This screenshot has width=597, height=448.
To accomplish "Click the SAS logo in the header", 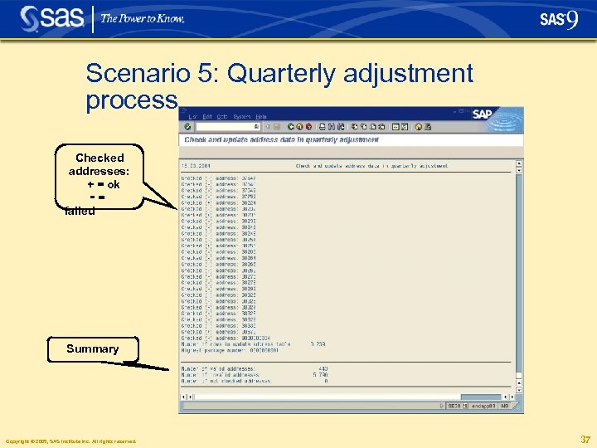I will point(51,18).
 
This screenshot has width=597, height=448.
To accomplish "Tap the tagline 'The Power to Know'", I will point(142,18).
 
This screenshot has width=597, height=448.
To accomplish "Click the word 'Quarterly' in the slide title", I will point(294,74).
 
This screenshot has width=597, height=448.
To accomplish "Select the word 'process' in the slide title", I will point(131,101).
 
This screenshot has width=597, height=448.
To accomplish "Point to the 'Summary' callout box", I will point(92,349).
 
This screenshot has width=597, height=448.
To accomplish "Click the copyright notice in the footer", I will point(70,441).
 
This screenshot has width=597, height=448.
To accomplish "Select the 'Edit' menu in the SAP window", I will point(207,116).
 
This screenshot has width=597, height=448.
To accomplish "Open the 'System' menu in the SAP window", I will point(242,116).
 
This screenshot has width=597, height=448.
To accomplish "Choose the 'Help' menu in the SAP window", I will point(261,116).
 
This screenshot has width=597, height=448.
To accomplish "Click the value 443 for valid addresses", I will point(323,368).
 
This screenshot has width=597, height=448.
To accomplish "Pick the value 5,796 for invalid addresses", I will point(319,375).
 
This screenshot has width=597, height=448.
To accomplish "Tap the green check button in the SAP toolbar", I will point(187,127).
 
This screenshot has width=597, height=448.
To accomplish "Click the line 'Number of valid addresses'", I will point(219,368).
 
